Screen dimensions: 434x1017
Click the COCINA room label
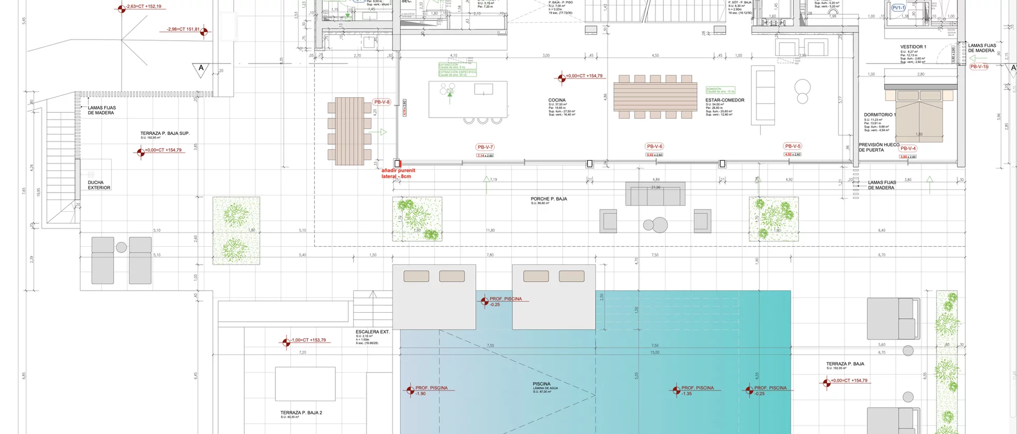[x=557, y=100]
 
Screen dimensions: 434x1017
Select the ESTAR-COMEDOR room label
[x=725, y=100]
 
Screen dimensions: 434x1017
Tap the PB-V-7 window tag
[x=485, y=147]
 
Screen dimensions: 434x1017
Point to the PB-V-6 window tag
[x=655, y=146]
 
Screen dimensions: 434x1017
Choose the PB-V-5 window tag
[x=792, y=146]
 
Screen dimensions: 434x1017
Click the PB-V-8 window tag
[x=382, y=102]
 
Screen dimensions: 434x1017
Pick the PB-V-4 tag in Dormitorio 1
[x=908, y=149]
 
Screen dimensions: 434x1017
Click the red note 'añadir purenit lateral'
[x=398, y=174]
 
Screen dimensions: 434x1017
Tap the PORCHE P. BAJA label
[x=549, y=199]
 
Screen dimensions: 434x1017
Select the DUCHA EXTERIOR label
[x=99, y=185]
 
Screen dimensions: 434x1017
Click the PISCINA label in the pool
[x=541, y=384]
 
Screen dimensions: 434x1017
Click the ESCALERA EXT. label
[x=372, y=332]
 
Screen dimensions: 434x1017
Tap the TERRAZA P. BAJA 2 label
[x=301, y=413]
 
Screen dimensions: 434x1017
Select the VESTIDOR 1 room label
[x=913, y=47]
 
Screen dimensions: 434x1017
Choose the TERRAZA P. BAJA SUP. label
[x=165, y=133]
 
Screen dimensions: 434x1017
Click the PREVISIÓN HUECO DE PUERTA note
[x=879, y=147]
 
